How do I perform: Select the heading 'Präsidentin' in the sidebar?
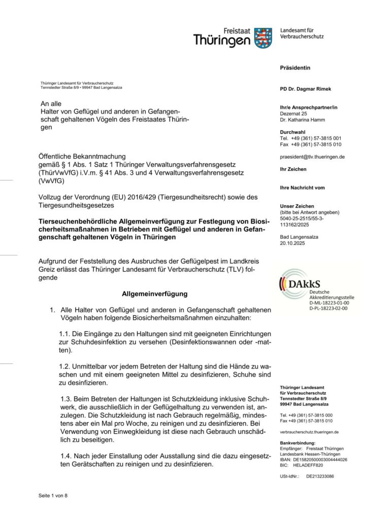click(294, 68)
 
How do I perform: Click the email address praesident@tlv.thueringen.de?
click(312, 157)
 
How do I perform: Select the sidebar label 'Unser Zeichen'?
click(296, 206)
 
